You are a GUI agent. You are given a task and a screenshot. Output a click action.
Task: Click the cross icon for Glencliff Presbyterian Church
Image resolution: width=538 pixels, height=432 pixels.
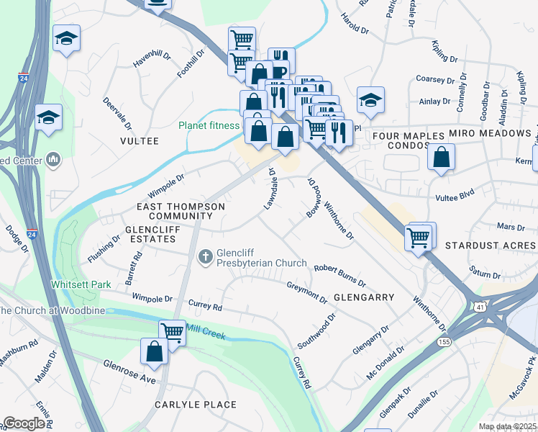[205, 256]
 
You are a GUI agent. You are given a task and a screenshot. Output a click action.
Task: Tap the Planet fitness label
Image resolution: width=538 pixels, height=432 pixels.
[209, 125]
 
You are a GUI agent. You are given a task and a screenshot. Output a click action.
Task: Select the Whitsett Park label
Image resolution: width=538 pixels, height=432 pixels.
[81, 284]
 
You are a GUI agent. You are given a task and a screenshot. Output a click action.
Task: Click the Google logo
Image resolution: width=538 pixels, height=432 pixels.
[24, 423]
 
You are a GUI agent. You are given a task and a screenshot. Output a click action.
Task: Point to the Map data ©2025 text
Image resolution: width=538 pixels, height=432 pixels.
[507, 426]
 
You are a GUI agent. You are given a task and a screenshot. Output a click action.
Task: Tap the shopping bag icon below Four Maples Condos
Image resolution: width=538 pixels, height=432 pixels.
[441, 156]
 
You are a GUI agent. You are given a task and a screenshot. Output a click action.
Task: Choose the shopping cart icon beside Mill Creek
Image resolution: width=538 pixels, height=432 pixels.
[172, 332]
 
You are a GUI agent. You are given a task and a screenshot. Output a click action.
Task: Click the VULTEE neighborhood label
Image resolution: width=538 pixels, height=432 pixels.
[140, 141]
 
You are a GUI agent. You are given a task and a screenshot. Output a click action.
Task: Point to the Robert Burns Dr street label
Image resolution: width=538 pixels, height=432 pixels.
[339, 274]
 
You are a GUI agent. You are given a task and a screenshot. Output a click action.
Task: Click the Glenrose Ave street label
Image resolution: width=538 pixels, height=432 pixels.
[129, 372]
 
